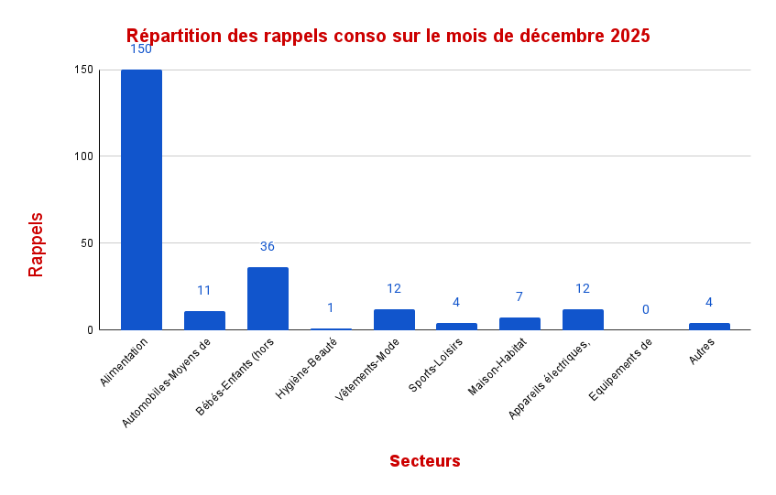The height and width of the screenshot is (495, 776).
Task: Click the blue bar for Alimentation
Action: (141, 199)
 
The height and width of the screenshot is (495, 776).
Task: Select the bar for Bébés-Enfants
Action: (268, 298)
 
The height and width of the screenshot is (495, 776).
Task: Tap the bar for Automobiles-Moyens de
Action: (204, 320)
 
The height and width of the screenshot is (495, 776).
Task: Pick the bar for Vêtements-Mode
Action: (394, 319)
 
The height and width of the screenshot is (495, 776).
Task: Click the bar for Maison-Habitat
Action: (519, 323)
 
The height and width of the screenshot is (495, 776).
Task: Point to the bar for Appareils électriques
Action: (583, 319)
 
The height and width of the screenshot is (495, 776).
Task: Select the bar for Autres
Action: (709, 326)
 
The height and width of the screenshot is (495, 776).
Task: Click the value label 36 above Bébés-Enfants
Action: (268, 246)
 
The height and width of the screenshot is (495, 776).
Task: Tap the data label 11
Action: (204, 290)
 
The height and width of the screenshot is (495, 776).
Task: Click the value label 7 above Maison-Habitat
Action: (519, 296)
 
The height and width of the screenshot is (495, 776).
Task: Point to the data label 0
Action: (646, 309)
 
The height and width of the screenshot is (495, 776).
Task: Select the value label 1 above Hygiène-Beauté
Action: (331, 307)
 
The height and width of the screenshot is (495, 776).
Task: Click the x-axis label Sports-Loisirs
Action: (437, 364)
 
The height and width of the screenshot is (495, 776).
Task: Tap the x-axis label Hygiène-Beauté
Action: (308, 367)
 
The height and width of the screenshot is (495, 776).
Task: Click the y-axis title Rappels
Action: (36, 244)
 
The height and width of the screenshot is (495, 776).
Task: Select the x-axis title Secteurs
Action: (424, 461)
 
